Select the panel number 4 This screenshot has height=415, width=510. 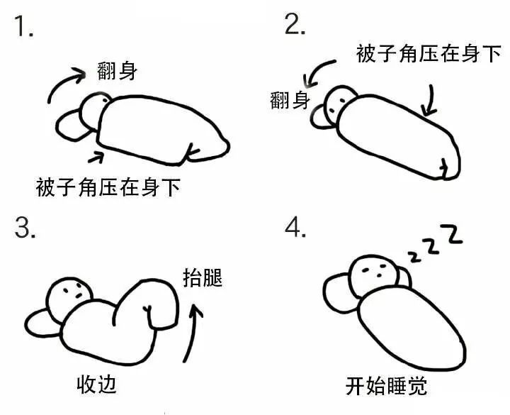(295, 228)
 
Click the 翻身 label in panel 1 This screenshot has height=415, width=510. (118, 72)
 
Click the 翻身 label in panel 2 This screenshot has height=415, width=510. (290, 100)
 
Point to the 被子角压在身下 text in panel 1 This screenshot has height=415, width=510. (108, 187)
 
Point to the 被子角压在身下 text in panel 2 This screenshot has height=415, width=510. (429, 53)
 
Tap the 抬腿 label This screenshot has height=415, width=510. (203, 277)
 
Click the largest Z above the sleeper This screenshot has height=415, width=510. (453, 235)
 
